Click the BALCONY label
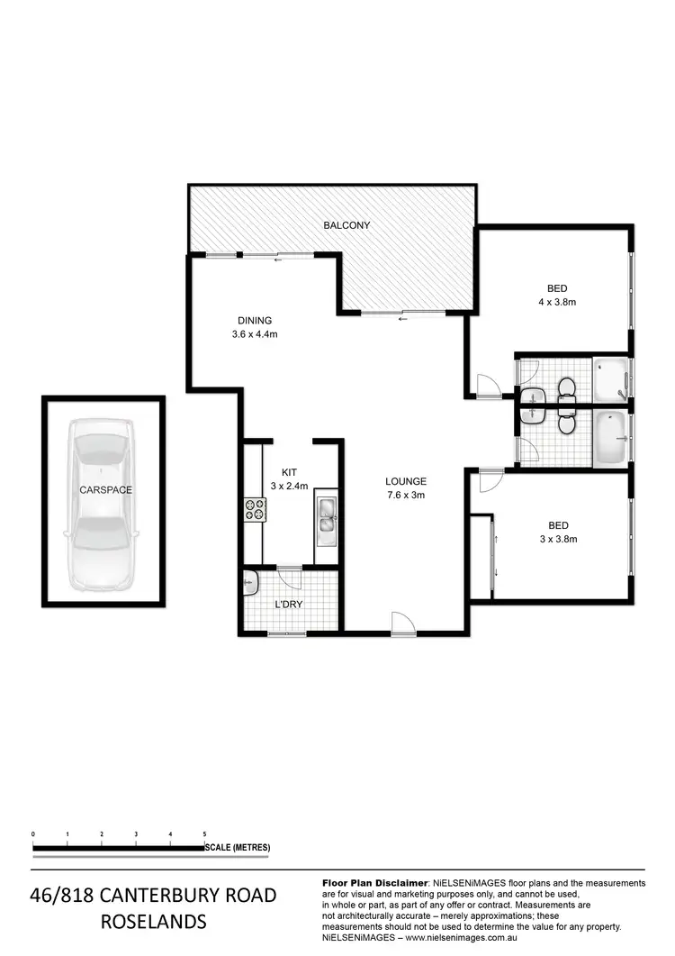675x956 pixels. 346,225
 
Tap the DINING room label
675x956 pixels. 255,320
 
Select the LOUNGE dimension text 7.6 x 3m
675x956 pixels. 405,495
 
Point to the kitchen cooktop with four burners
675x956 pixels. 254,510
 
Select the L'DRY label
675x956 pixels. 288,604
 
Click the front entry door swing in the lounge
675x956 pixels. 400,622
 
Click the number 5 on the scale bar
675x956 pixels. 205,835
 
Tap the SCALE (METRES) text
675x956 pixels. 238,848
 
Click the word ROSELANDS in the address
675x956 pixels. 152,922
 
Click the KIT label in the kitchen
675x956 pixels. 289,472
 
